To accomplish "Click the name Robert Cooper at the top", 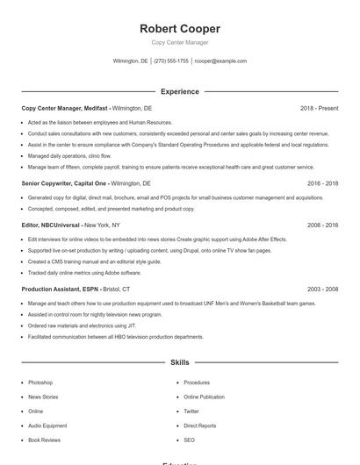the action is pyautogui.click(x=180, y=29).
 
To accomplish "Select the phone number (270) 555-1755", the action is pyautogui.click(x=171, y=61).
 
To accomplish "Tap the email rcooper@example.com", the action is pyautogui.click(x=220, y=61).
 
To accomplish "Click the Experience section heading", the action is pyautogui.click(x=180, y=91).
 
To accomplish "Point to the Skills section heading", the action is pyautogui.click(x=180, y=361).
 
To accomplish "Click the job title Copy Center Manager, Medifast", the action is pyautogui.click(x=65, y=108).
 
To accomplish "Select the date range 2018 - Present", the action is pyautogui.click(x=319, y=108).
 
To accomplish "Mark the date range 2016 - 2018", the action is pyautogui.click(x=322, y=183).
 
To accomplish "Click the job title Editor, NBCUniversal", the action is pyautogui.click(x=51, y=225).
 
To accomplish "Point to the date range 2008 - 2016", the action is pyautogui.click(x=322, y=225).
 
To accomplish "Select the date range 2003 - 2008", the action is pyautogui.click(x=322, y=289).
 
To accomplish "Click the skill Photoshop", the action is pyautogui.click(x=40, y=383).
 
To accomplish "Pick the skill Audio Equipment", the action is pyautogui.click(x=47, y=426).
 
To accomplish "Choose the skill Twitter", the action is pyautogui.click(x=191, y=411).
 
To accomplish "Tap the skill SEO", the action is pyautogui.click(x=189, y=440).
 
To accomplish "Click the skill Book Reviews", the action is pyautogui.click(x=44, y=440).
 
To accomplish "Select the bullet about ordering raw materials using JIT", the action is pyautogui.click(x=70, y=325).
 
